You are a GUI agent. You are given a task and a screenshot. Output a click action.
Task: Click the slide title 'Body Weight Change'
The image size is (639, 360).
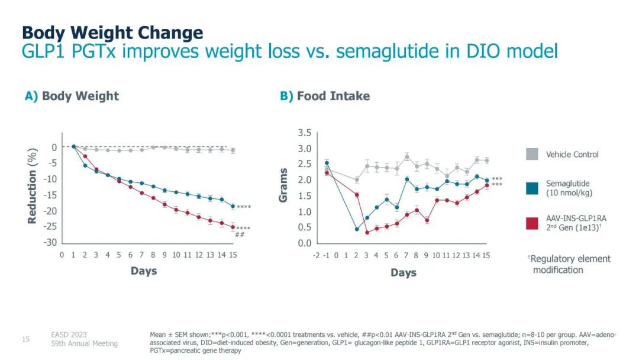[x=112, y=32]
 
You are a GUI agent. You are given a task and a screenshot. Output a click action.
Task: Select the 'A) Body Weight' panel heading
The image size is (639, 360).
[x=72, y=96]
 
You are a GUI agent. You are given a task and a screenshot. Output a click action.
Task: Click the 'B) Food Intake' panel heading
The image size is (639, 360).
[x=325, y=96]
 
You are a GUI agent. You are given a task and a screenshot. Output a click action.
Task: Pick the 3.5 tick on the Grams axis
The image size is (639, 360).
[x=304, y=131]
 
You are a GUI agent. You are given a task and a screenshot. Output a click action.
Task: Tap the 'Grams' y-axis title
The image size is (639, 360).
[x=284, y=185]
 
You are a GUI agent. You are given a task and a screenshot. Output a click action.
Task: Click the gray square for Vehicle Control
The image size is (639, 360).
[x=532, y=155]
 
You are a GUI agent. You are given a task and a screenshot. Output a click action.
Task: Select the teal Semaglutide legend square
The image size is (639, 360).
[x=532, y=188]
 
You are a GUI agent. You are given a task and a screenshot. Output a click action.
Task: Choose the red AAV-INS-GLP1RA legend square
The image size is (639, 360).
[x=532, y=223]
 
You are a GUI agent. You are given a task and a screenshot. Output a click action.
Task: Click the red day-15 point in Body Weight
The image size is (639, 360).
[x=233, y=227]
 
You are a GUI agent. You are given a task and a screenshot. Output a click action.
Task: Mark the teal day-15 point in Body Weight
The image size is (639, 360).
[x=233, y=206]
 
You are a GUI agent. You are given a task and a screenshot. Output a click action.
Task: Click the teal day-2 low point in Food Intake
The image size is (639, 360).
[x=357, y=229]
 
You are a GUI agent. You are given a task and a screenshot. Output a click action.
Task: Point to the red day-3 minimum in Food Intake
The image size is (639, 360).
[x=367, y=232]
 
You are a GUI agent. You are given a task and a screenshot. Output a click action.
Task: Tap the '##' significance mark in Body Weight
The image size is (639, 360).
[x=240, y=234]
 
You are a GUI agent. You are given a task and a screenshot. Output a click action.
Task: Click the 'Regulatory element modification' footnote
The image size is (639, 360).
[x=569, y=264]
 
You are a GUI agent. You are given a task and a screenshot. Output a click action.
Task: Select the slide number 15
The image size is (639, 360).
[x=25, y=339]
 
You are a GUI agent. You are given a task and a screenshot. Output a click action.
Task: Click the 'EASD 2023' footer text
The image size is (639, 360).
[x=69, y=335]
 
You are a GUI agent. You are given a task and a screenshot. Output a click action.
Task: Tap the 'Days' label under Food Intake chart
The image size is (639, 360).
[x=403, y=273]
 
